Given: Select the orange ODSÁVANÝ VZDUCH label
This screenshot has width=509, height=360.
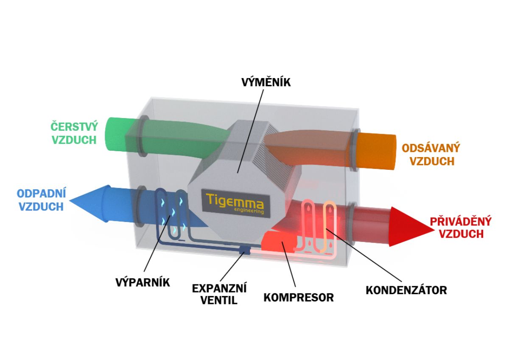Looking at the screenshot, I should pos(431,154).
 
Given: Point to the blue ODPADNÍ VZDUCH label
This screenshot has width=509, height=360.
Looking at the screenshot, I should pos(42,200).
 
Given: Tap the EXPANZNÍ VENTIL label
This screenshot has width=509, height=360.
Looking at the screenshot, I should pos(219,294).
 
